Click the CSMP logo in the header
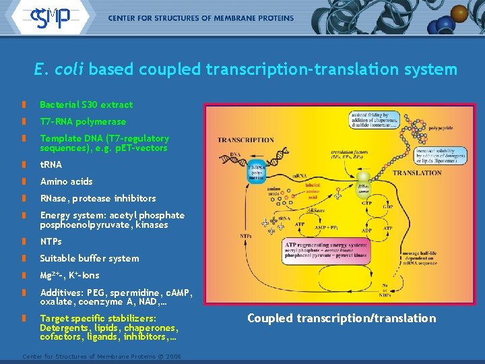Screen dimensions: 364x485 tap(51, 18)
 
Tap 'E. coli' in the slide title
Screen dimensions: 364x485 tap(59, 69)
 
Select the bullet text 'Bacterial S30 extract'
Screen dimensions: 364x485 tap(86, 104)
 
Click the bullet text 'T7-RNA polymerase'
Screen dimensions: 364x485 tap(83, 122)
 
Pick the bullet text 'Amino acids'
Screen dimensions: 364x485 tap(66, 181)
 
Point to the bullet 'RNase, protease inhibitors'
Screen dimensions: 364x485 tap(98, 198)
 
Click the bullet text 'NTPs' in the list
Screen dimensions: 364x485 tap(51, 241)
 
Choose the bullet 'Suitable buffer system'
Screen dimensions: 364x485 tap(90, 258)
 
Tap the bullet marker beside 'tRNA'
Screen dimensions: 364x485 tap(24, 164)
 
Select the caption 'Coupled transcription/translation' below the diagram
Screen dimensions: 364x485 tap(342, 318)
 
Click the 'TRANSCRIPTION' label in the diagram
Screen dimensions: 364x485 tap(245, 140)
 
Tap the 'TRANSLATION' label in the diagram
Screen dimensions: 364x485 tap(417, 173)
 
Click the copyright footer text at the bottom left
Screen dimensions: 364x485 tap(102, 355)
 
